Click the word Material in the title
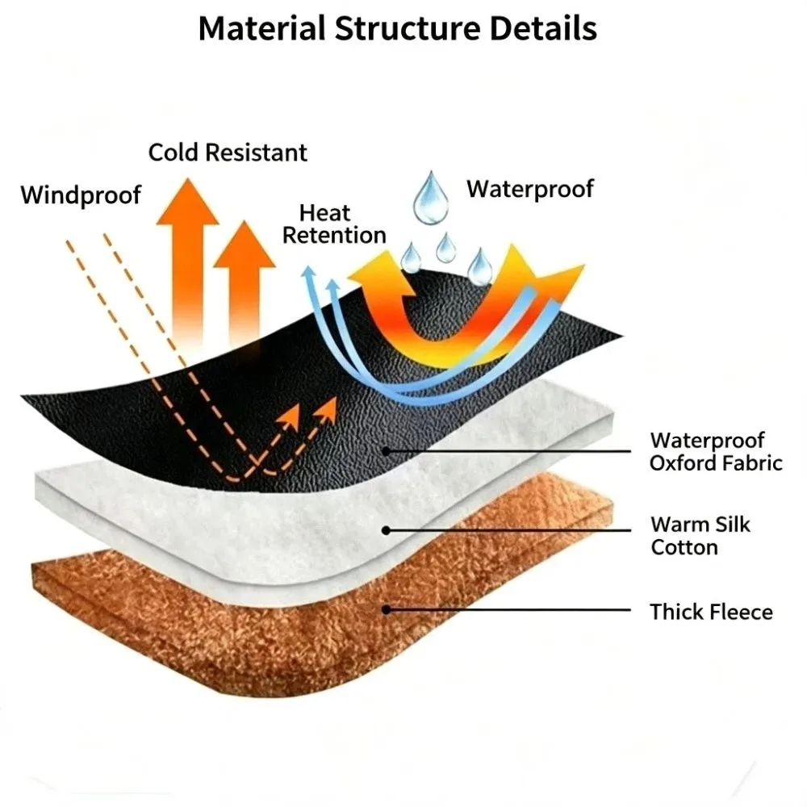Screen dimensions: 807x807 [x=262, y=28]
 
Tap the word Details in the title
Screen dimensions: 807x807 [x=543, y=28]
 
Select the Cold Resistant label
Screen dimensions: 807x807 [x=228, y=153]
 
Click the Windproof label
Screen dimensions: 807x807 [x=81, y=195]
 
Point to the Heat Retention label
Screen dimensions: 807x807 [x=334, y=224]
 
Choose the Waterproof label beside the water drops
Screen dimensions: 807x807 [x=530, y=190]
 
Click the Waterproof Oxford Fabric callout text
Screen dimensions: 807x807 [x=716, y=452]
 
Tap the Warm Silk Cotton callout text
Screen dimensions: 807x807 [x=700, y=536]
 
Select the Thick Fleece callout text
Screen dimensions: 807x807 [x=711, y=612]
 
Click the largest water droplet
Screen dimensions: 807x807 [x=431, y=199]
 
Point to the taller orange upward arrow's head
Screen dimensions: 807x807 [x=187, y=201]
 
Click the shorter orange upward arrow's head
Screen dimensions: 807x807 [x=245, y=244]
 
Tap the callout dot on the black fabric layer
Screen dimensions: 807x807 [x=386, y=451]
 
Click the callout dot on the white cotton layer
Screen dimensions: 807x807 [x=386, y=530]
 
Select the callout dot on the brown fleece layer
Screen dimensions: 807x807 [x=386, y=610]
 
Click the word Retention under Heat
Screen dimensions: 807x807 [x=334, y=236]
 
